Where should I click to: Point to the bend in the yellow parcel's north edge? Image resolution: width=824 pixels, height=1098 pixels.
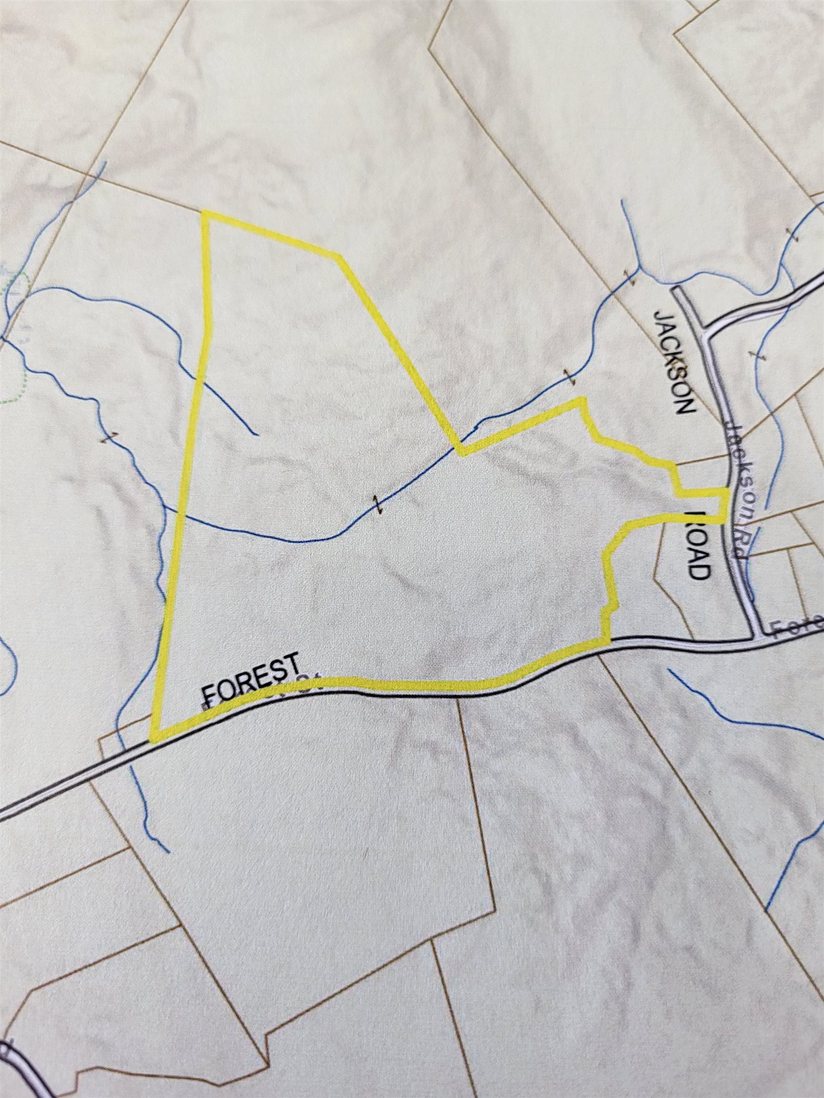point(340,257)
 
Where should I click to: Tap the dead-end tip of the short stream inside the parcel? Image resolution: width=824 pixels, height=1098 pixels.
point(256,434)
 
